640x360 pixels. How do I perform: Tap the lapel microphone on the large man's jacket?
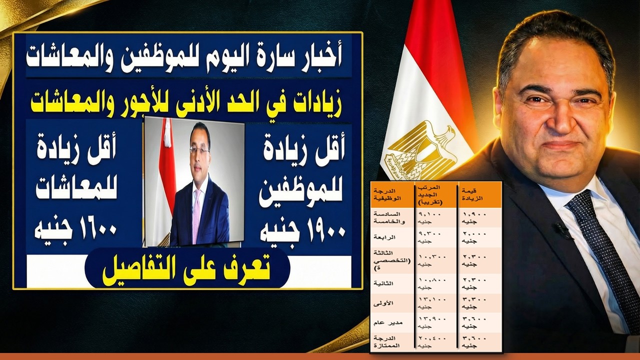click(563, 229)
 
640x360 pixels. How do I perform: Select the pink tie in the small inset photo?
click(196, 215)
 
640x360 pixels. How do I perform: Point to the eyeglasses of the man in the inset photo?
click(199, 149)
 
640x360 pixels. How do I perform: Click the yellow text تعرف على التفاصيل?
click(187, 270)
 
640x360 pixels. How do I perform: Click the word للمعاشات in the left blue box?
click(75, 191)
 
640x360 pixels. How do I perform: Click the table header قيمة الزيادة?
click(472, 194)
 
